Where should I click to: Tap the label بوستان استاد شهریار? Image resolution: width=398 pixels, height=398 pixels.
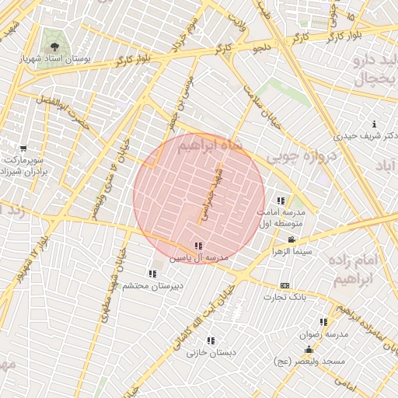pyautogui.click(x=54, y=58)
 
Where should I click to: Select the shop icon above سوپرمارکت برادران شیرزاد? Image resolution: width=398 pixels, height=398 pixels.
pyautogui.click(x=24, y=148)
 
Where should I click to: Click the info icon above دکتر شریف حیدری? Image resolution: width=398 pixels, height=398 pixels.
pyautogui.click(x=375, y=124)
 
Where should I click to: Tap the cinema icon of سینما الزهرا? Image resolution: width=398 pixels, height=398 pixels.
pyautogui.click(x=291, y=240)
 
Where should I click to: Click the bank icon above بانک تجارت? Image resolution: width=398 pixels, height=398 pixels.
pyautogui.click(x=285, y=285)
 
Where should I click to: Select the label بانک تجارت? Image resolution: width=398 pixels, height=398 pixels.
pyautogui.click(x=285, y=297)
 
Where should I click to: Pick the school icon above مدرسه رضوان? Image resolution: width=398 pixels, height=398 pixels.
pyautogui.click(x=323, y=322)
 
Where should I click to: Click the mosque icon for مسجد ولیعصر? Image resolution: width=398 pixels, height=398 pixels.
pyautogui.click(x=309, y=350)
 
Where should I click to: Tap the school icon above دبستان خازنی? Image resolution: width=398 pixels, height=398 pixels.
pyautogui.click(x=211, y=340)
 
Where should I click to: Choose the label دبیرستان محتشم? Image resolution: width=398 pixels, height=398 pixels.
pyautogui.click(x=152, y=285)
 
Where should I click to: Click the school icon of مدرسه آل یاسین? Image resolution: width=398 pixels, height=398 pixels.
pyautogui.click(x=199, y=246)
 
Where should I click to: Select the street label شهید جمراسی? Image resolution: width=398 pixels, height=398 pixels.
pyautogui.click(x=212, y=195)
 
